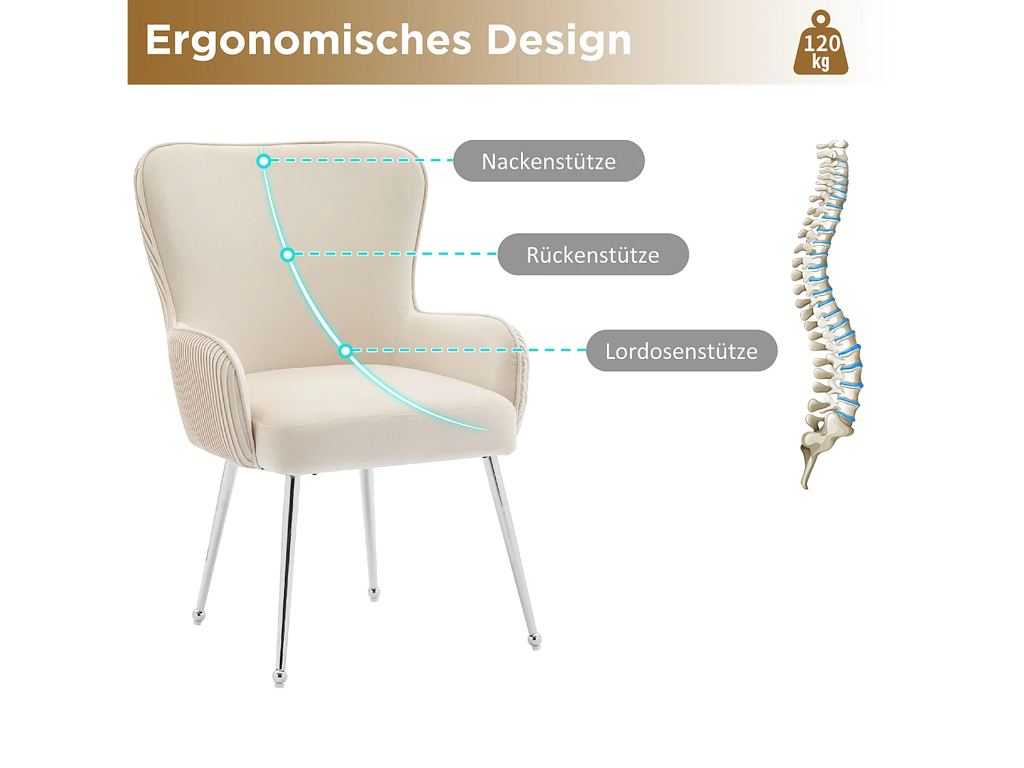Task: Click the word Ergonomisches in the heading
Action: [x=308, y=40]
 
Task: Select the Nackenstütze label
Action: [x=548, y=161]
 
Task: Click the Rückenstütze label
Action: [x=593, y=255]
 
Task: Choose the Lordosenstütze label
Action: [x=681, y=351]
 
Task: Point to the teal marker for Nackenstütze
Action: [x=264, y=161]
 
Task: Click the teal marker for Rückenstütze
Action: [x=287, y=255]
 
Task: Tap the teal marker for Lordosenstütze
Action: [x=345, y=351]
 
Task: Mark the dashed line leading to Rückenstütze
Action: [x=396, y=254]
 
